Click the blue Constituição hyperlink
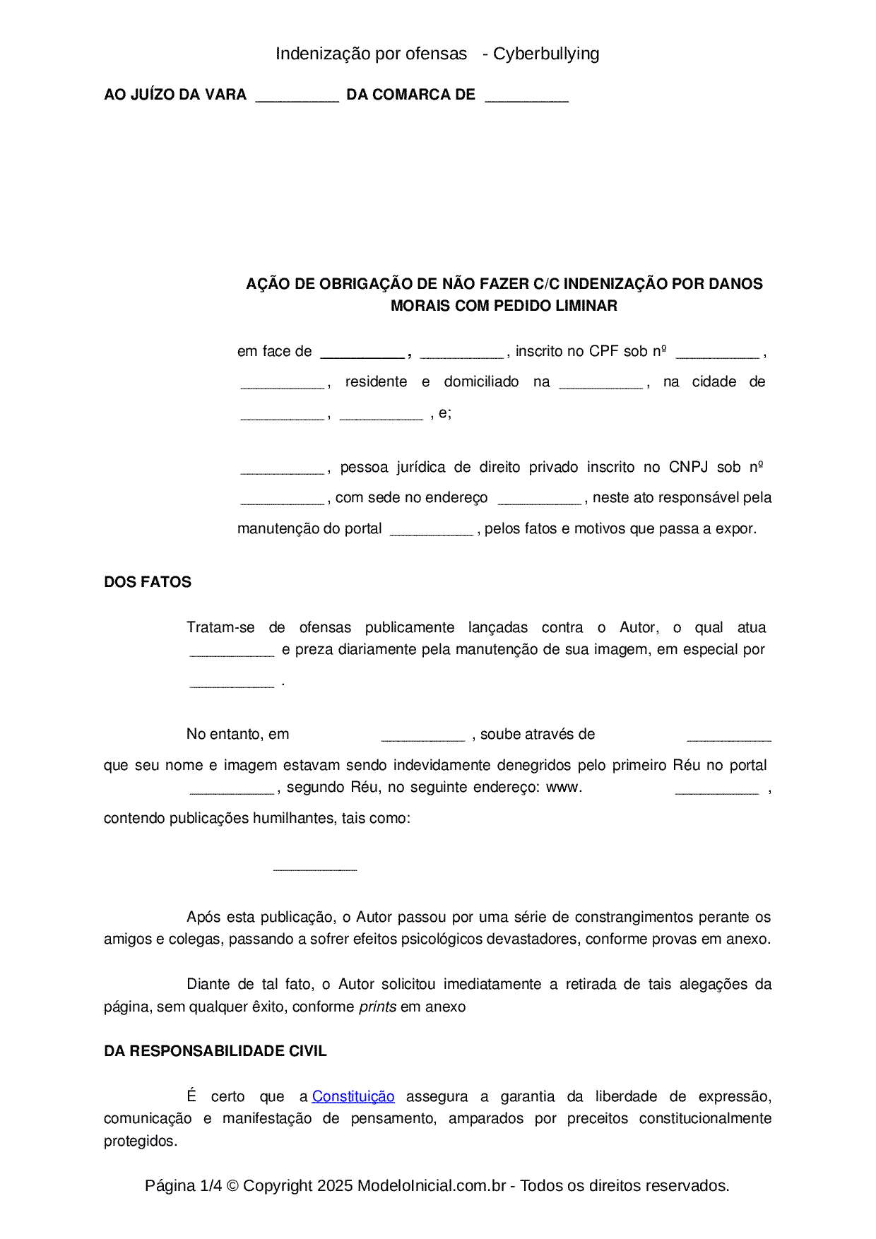click(353, 1096)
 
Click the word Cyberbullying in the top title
click(546, 54)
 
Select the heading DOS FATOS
click(148, 582)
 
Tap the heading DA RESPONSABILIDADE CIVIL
click(215, 1051)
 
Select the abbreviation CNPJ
click(688, 467)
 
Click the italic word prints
click(377, 1007)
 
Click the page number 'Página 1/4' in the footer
click(183, 1185)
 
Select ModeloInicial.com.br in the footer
click(431, 1185)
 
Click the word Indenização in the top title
click(324, 54)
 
